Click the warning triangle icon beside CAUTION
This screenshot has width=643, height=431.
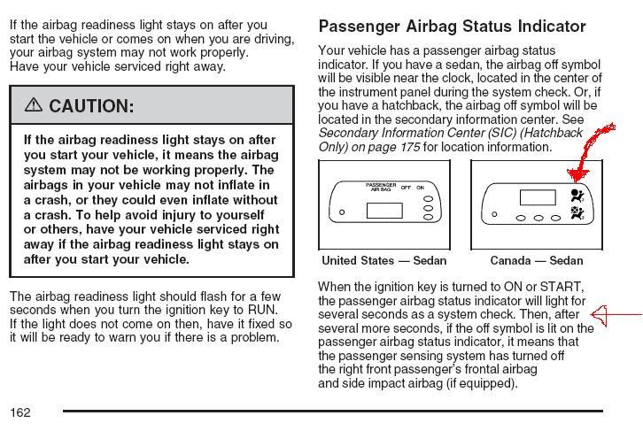click(34, 106)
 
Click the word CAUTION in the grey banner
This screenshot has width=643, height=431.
click(91, 107)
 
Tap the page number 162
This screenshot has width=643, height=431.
click(21, 412)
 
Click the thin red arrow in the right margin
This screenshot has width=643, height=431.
click(616, 313)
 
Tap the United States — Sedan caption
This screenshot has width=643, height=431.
click(383, 260)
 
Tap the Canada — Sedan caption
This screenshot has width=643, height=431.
click(536, 260)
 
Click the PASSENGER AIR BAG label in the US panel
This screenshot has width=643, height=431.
click(382, 188)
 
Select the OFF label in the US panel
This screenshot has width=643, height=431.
click(406, 188)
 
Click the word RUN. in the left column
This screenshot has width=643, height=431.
click(262, 310)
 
